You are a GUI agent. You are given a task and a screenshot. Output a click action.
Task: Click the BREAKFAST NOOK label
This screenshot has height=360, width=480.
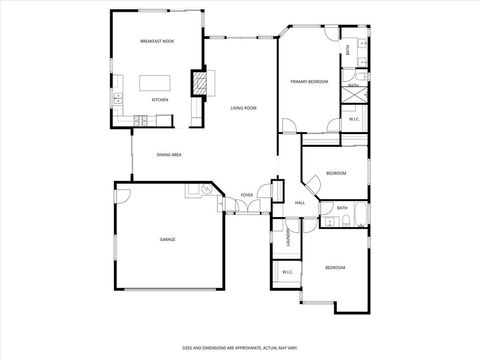click(x=156, y=42)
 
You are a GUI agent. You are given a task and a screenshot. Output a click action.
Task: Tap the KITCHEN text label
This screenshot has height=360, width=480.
click(x=160, y=100)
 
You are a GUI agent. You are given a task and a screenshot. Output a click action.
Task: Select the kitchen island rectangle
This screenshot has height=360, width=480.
click(x=155, y=83)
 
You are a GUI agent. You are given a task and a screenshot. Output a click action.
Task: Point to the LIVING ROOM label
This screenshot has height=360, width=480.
click(x=244, y=107)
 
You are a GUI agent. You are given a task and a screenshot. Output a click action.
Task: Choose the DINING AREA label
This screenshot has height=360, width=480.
click(x=169, y=155)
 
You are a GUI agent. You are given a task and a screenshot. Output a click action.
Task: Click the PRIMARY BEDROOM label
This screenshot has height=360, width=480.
click(x=310, y=81)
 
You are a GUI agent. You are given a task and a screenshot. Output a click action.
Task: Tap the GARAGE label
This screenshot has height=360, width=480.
click(x=168, y=240)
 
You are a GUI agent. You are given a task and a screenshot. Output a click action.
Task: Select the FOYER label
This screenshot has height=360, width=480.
click(x=247, y=195)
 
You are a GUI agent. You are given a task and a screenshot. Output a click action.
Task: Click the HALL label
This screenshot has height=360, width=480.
click(x=299, y=203)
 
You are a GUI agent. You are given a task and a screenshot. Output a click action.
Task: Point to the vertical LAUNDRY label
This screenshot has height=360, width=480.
click(x=288, y=238)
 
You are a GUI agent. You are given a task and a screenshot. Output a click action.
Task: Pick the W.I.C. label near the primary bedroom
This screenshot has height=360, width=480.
click(x=354, y=119)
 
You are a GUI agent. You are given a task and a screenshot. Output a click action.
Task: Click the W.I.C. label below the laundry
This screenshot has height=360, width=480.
click(x=286, y=272)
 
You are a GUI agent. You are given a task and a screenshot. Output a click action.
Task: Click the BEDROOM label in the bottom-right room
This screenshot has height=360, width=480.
click(x=334, y=268)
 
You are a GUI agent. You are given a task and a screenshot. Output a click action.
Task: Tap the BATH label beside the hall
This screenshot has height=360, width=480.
click(x=341, y=208)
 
